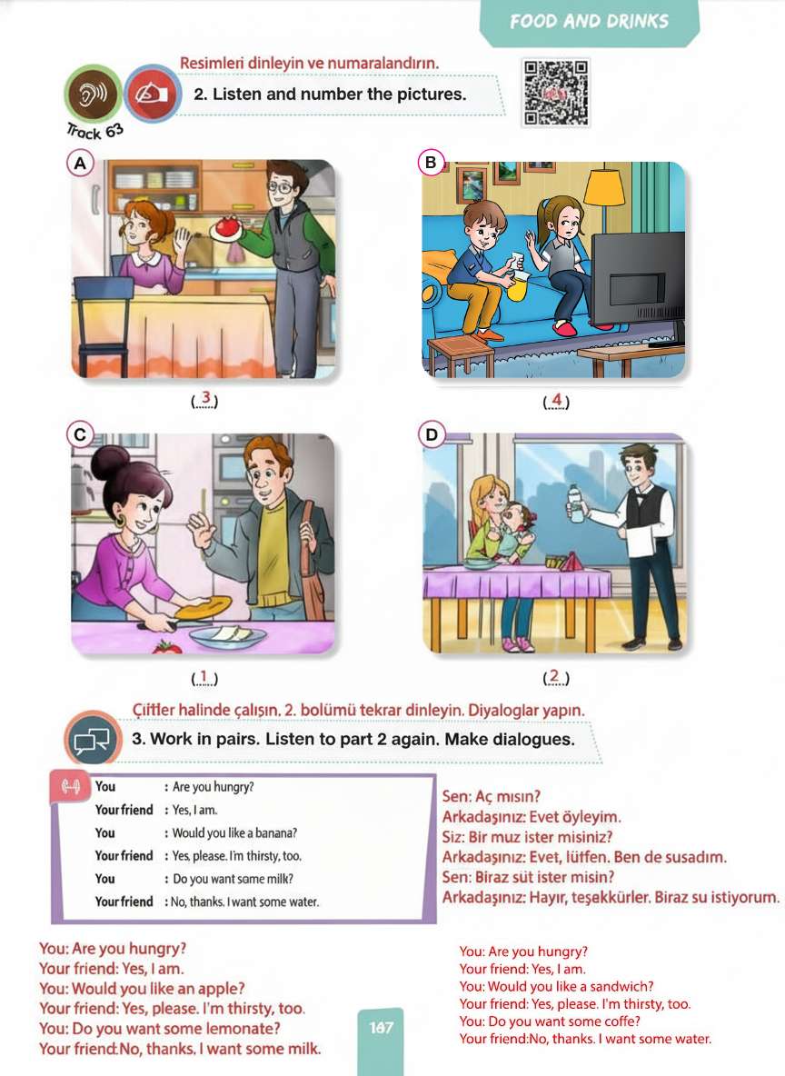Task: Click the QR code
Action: point(556,93)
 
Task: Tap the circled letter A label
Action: point(80,164)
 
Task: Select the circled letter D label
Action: point(431,434)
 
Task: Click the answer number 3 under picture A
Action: point(204,398)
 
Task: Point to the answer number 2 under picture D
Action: point(555,676)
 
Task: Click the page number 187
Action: point(381,1027)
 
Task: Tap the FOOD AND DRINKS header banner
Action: point(589,22)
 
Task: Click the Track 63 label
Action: point(94,130)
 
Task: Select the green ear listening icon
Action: point(93,94)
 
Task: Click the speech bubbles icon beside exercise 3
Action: point(92,739)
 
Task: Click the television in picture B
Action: point(638,279)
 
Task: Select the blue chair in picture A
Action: point(103,324)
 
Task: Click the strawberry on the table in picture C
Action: point(167,646)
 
